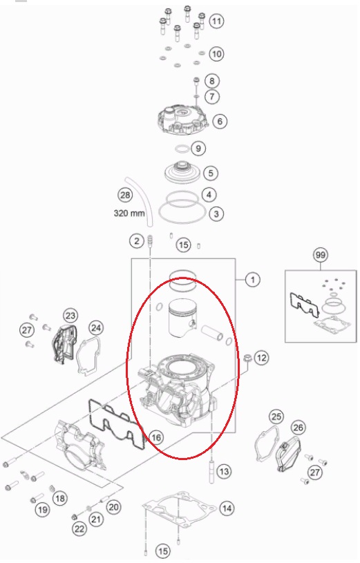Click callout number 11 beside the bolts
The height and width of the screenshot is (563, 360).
click(216, 21)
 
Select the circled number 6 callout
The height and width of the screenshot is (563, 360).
click(220, 122)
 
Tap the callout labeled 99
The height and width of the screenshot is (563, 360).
click(320, 255)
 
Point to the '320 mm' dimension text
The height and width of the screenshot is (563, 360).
click(129, 213)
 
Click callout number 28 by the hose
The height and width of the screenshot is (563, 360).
click(125, 195)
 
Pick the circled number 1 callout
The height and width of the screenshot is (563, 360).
click(253, 279)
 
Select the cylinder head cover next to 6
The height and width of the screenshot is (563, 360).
click(183, 120)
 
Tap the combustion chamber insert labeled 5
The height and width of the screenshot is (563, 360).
click(182, 173)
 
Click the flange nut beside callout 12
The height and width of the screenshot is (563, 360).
click(247, 359)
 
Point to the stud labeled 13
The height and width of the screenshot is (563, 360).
click(213, 470)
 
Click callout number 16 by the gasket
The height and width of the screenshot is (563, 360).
click(156, 437)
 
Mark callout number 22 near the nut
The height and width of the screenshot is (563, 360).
click(79, 528)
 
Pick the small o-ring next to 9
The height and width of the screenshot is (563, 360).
click(182, 149)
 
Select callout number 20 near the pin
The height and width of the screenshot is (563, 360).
click(113, 507)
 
